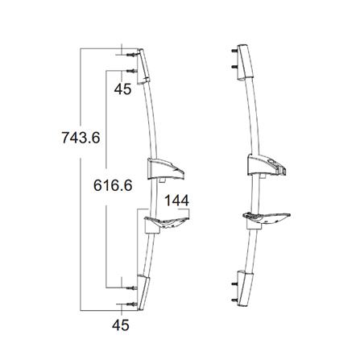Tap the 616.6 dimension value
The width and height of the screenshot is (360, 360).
(x=112, y=184)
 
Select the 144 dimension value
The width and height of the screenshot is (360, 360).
(x=179, y=200)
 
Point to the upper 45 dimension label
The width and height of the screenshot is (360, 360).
(x=122, y=89)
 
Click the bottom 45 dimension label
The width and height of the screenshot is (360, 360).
(x=122, y=326)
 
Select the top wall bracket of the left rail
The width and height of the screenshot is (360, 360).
(x=142, y=64)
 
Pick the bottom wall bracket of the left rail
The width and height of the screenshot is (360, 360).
(x=141, y=293)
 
